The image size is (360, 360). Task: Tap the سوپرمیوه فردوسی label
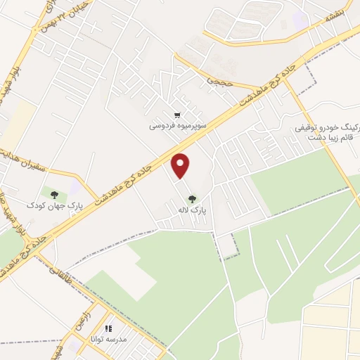(x=177, y=128)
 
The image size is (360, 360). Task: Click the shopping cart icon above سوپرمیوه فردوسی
(x=177, y=115)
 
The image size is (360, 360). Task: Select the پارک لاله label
(x=193, y=210)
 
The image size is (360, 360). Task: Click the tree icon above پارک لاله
(x=193, y=199)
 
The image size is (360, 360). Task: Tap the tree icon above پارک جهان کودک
(x=54, y=194)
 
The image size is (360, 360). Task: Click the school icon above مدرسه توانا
(x=108, y=328)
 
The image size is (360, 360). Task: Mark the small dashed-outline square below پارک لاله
(x=226, y=245)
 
